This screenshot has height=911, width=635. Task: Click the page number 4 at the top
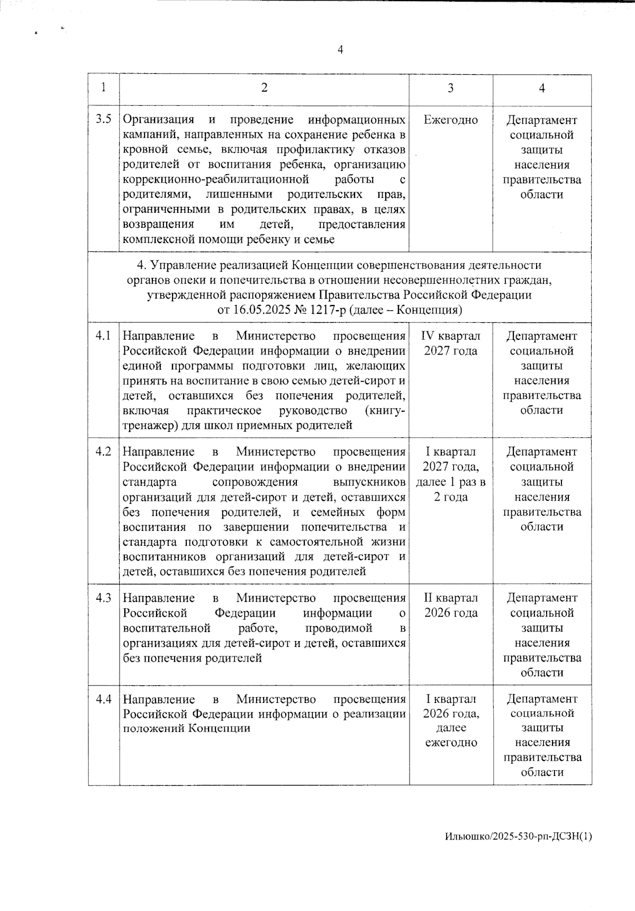(x=340, y=50)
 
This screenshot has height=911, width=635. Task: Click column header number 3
(x=450, y=88)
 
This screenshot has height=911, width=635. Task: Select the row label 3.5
(x=103, y=119)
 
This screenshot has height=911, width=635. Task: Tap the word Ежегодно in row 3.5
(x=450, y=120)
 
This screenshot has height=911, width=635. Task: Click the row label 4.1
(x=103, y=336)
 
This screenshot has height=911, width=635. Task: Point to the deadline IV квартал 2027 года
(x=450, y=343)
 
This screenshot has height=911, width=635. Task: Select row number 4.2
(x=103, y=452)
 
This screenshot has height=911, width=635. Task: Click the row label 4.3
(x=103, y=598)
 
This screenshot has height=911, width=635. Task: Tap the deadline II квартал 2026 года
(x=450, y=605)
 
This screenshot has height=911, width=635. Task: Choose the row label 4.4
(x=103, y=699)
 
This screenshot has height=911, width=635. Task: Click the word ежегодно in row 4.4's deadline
(x=451, y=743)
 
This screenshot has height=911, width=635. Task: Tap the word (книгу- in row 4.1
(x=385, y=411)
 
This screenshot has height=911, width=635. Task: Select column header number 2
(x=264, y=88)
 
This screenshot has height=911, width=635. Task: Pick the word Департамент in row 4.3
(x=542, y=598)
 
